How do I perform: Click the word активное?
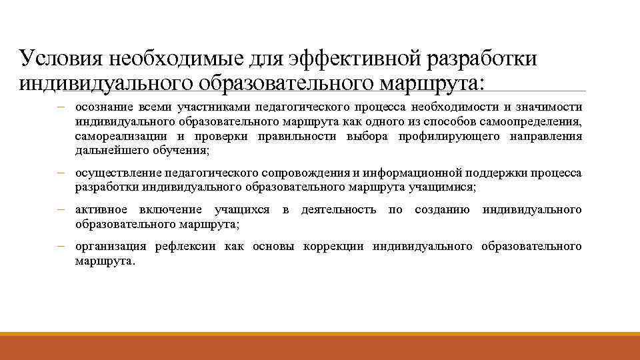(101, 211)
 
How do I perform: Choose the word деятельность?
(339, 211)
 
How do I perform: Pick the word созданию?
(442, 211)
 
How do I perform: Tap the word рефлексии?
(185, 247)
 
